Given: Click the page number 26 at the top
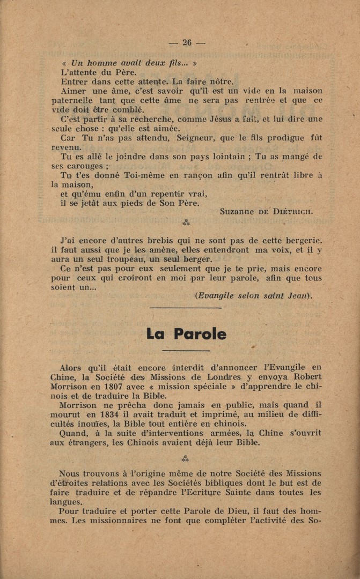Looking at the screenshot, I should (x=187, y=42).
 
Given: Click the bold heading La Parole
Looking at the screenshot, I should (x=186, y=333).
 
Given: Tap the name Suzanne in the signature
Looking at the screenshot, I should (x=237, y=211).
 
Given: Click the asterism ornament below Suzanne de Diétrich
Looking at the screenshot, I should (x=186, y=222).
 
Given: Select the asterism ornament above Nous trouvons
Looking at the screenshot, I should (x=185, y=458).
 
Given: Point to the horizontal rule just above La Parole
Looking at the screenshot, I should (x=185, y=307).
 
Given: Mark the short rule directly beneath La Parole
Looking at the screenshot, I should (x=185, y=351).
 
